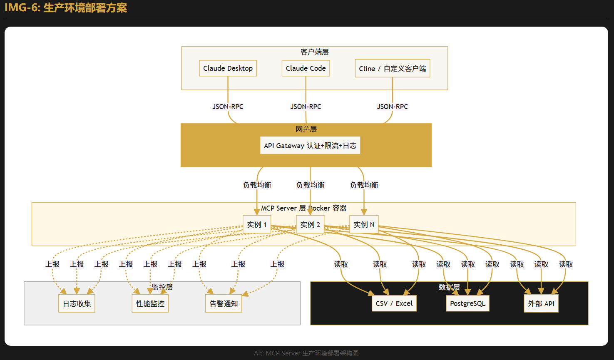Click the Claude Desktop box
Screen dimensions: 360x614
click(228, 68)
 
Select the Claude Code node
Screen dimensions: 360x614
click(306, 68)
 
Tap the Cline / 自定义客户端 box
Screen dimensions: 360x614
click(392, 69)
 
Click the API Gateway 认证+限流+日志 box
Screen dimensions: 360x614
click(310, 146)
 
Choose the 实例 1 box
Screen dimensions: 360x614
click(257, 225)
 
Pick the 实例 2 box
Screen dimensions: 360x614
click(310, 225)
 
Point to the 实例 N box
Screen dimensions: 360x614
click(364, 225)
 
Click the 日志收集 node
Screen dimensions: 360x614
click(77, 304)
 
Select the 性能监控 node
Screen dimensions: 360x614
click(150, 304)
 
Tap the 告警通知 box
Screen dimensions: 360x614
click(224, 304)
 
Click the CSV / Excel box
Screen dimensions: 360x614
click(394, 303)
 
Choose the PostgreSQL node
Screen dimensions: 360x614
click(467, 303)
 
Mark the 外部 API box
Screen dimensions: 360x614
click(541, 304)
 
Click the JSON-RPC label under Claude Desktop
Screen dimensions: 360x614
click(228, 107)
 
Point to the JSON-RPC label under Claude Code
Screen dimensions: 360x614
click(306, 107)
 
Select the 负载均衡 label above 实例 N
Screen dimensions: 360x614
click(364, 185)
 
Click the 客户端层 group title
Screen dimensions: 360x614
click(315, 52)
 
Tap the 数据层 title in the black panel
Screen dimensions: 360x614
click(449, 287)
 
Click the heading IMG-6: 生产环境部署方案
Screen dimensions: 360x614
click(66, 8)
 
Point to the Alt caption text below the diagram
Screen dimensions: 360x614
click(306, 353)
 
